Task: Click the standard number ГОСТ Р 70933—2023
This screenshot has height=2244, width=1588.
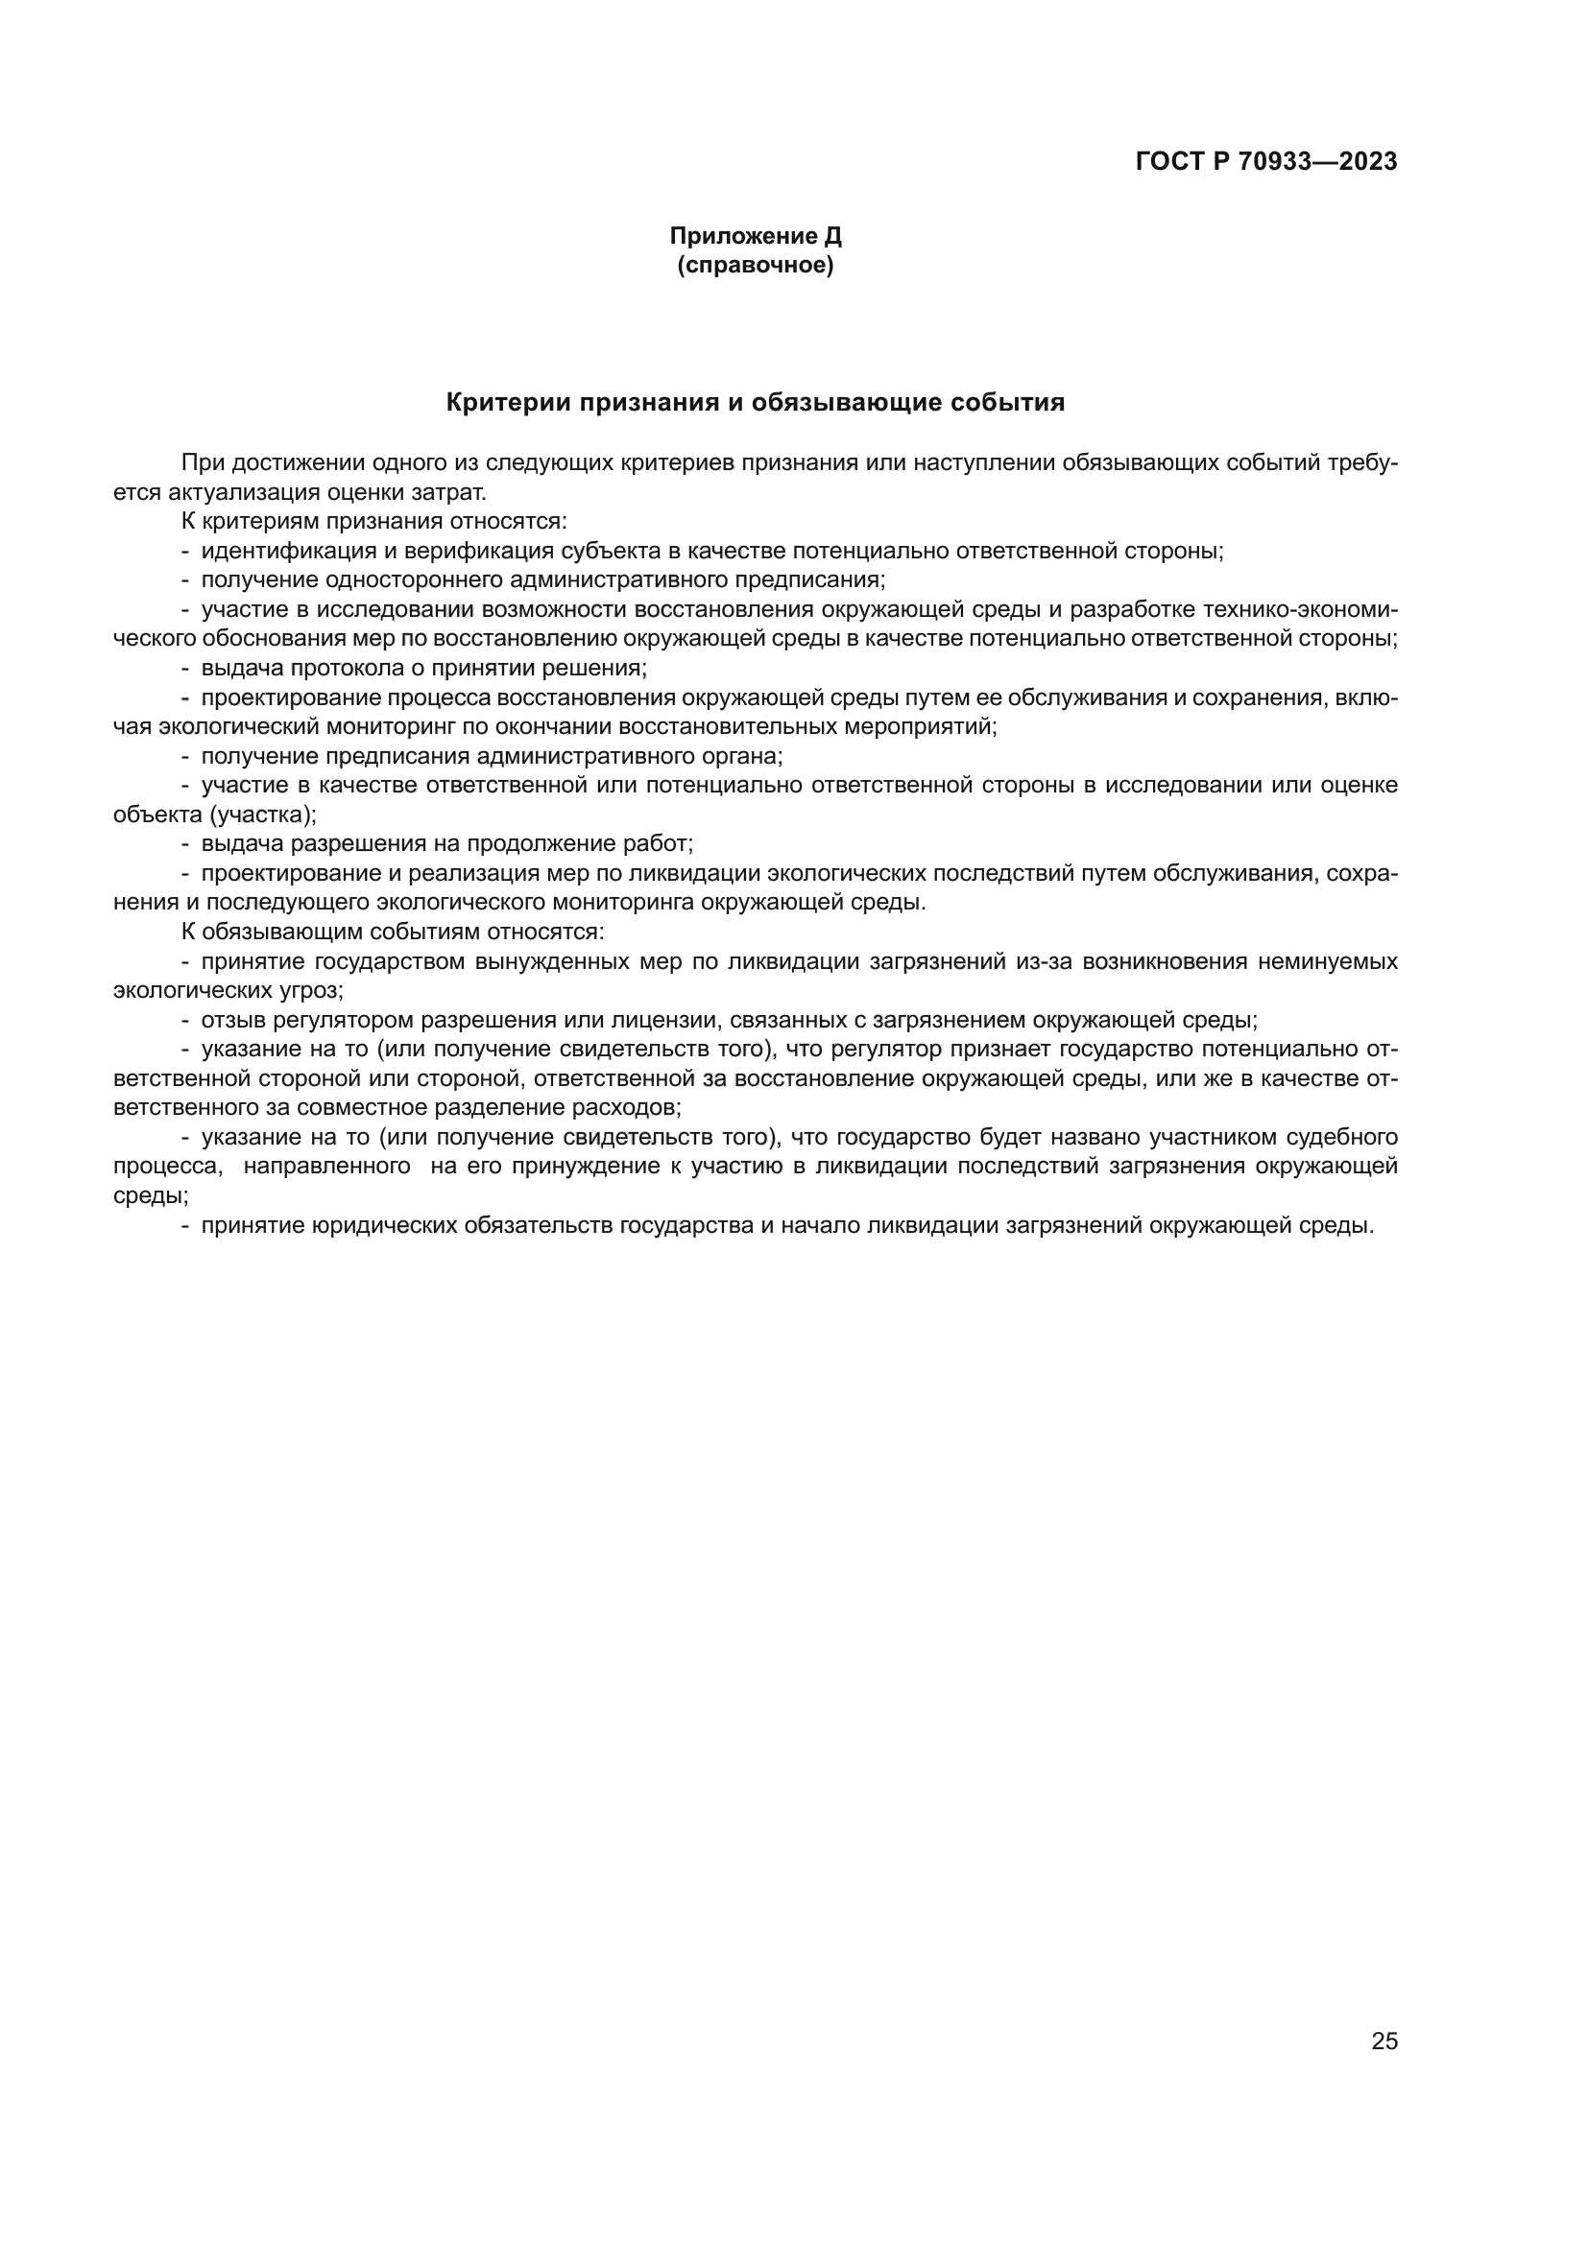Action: tap(1266, 162)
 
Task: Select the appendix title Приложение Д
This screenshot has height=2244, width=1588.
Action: tap(755, 237)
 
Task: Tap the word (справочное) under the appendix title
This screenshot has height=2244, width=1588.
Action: tap(755, 265)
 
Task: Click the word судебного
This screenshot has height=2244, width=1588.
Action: tap(1339, 1138)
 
